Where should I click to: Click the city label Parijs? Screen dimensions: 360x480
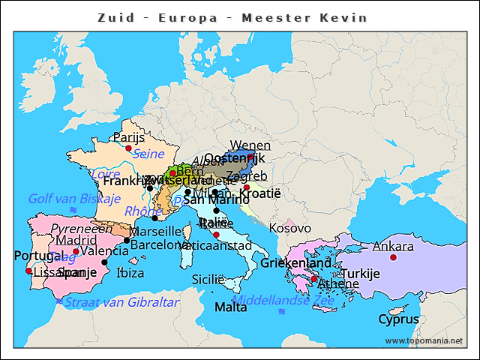(x=128, y=137)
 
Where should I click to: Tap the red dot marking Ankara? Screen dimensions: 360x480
(x=393, y=257)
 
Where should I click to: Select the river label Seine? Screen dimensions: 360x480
(x=148, y=154)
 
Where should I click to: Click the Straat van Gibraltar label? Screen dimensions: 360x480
(x=122, y=302)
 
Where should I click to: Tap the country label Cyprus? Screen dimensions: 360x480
(x=398, y=319)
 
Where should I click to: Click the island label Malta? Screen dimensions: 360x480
(x=230, y=307)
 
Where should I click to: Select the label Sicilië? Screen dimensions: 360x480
(x=208, y=279)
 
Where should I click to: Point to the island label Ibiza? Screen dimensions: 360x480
(x=130, y=273)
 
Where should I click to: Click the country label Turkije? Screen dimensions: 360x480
(x=361, y=274)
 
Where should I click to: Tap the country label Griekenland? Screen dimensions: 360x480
(x=295, y=263)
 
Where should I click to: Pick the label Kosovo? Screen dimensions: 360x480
(x=290, y=227)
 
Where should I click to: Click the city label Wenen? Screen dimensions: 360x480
(x=250, y=145)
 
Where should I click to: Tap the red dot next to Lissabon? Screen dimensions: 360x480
(x=28, y=271)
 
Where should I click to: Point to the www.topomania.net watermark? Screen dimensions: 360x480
(x=424, y=340)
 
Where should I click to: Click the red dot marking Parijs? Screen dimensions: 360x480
(x=128, y=148)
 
